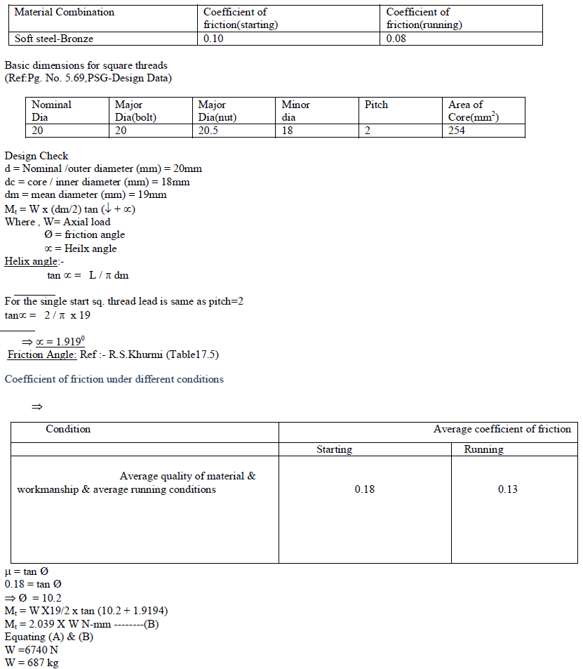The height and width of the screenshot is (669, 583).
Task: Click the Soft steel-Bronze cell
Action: (54, 39)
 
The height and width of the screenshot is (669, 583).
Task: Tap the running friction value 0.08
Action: (396, 39)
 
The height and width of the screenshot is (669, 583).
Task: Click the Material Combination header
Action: (65, 12)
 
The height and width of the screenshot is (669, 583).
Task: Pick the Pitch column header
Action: (376, 105)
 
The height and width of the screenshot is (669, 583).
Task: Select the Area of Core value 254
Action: (457, 131)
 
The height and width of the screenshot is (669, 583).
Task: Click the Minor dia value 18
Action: (288, 131)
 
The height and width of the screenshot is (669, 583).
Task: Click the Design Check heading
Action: (36, 156)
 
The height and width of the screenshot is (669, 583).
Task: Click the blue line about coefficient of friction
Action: (114, 379)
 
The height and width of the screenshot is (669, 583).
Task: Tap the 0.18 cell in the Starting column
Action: (365, 489)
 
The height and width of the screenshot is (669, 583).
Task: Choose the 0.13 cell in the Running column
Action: (508, 489)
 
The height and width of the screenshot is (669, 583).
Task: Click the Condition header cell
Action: (68, 429)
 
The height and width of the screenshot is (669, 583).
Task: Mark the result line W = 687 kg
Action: (32, 663)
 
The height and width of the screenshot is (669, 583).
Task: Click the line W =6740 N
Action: (32, 650)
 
